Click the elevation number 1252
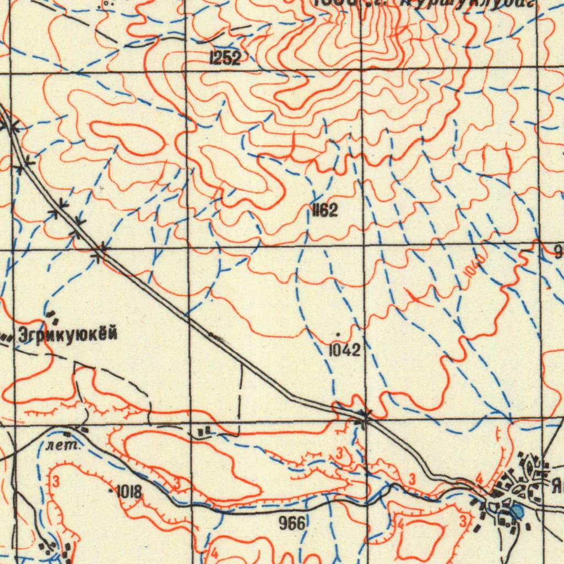click(225, 58)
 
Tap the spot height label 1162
click(324, 210)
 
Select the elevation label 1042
click(345, 350)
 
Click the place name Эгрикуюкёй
click(68, 334)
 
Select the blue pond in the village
click(517, 512)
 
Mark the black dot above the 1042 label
click(337, 334)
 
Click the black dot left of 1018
click(112, 490)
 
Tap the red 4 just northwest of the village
click(479, 479)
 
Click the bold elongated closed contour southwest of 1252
click(128, 138)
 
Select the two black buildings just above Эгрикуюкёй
click(54, 317)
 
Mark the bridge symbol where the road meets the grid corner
click(365, 416)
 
